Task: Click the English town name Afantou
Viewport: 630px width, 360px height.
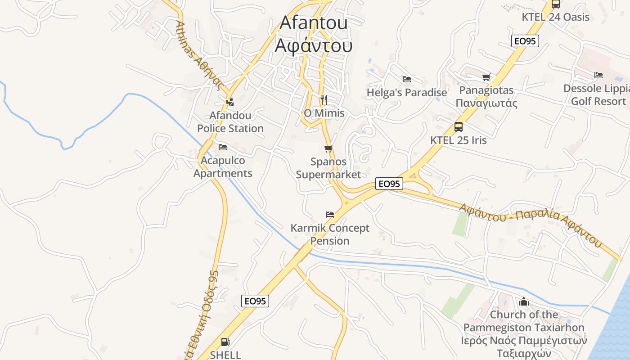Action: coord(314,22)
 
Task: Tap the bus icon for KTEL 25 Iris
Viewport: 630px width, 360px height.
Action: coord(459,127)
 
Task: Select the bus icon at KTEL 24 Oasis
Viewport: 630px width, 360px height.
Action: coord(556,4)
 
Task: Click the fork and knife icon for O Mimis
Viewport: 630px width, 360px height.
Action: coord(324,99)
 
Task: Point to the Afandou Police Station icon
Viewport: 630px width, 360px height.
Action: coord(230,102)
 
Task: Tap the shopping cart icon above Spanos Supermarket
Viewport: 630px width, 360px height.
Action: coord(328,148)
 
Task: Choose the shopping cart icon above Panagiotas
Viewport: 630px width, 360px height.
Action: coord(486,77)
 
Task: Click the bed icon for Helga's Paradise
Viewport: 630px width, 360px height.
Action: coord(407,79)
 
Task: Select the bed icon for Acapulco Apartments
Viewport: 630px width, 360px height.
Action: coord(223,147)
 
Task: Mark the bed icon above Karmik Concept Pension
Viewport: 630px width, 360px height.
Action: coord(330,214)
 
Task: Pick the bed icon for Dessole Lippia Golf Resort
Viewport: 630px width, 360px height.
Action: coord(598,75)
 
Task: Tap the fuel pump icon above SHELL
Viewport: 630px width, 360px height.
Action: coord(225,342)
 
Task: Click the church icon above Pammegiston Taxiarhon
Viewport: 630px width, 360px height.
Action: coord(524,301)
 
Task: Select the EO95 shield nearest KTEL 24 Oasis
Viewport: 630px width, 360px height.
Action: coord(525,41)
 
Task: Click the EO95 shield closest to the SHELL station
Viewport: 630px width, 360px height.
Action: coord(255,301)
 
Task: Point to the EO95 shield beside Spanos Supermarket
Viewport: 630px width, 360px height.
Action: coord(389,184)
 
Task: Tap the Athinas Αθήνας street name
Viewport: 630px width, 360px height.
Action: coord(200,56)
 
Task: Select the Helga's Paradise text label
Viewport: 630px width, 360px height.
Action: coord(407,93)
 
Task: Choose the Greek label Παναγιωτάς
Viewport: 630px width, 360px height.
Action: coord(486,103)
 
